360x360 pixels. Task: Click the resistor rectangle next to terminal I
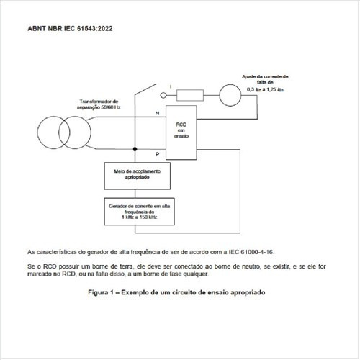pyautogui.click(x=191, y=94)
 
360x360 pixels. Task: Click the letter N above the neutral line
pyautogui.click(x=158, y=114)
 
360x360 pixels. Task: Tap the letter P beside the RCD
pyautogui.click(x=158, y=154)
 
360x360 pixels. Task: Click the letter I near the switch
pyautogui.click(x=171, y=86)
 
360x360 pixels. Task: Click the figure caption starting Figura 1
pyautogui.click(x=177, y=294)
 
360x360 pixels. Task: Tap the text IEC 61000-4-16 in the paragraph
pyautogui.click(x=252, y=252)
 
